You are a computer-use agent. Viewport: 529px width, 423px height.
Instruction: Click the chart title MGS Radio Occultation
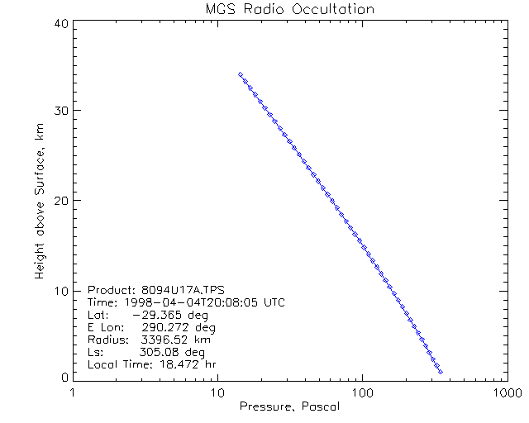point(288,9)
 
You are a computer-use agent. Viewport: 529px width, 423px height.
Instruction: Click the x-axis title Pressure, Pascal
point(288,406)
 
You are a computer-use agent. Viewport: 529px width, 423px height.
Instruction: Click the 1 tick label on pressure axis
point(74,392)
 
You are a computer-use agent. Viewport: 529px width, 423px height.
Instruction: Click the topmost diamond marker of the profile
point(240,74)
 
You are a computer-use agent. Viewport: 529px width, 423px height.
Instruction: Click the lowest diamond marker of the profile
point(441,373)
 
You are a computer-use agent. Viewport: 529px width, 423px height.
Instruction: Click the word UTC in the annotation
point(274,302)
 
